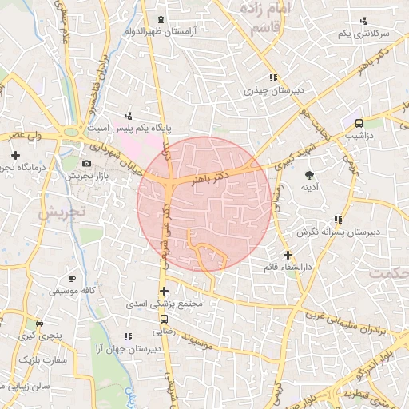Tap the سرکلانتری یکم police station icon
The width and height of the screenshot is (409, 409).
point(364,21)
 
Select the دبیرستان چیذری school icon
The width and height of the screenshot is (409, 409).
point(273,78)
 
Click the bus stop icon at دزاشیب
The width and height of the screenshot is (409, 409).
point(359,123)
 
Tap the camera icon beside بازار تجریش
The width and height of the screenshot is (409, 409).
point(87,163)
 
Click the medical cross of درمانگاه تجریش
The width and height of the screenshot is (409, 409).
point(14,154)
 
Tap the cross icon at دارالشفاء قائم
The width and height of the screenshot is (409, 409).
point(288,255)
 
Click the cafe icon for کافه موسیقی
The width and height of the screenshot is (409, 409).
point(73,279)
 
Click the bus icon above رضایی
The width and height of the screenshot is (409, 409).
point(163,318)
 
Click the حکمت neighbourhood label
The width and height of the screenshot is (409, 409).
point(387,272)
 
